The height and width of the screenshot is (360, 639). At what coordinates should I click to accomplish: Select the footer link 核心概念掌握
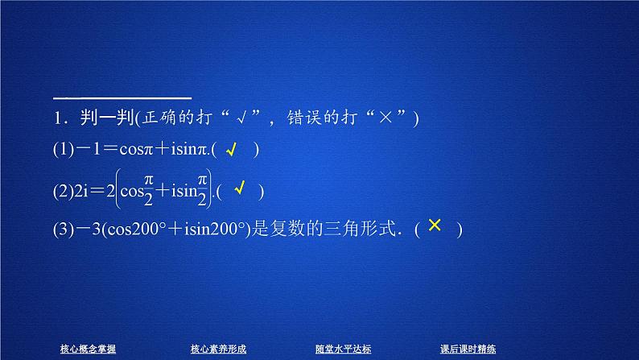tap(89, 349)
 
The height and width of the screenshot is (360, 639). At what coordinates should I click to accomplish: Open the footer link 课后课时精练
tap(468, 349)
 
